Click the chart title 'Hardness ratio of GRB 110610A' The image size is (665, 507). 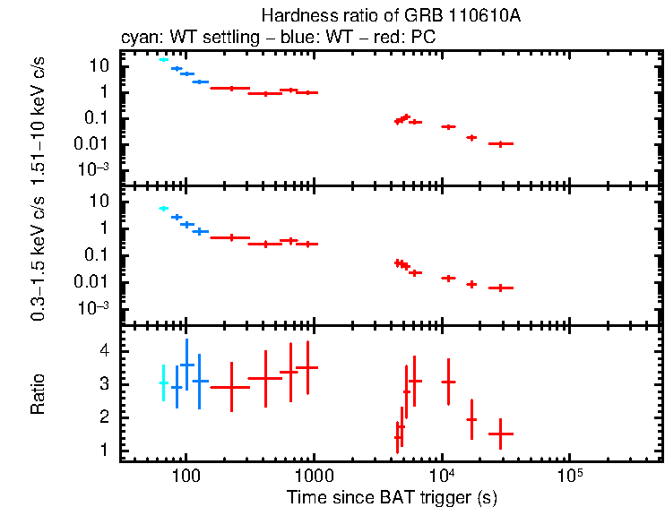tap(392, 16)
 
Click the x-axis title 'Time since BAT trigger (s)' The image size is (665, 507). tap(392, 496)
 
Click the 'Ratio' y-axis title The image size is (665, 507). tap(39, 394)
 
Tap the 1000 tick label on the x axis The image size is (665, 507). tap(313, 475)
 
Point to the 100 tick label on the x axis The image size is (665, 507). tap(186, 475)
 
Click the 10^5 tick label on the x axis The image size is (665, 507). tap(569, 475)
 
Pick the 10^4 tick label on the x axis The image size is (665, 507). tap(441, 475)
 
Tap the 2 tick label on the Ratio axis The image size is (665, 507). tap(105, 417)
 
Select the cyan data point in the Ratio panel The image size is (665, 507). tap(163, 382)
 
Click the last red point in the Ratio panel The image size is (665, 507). tap(500, 434)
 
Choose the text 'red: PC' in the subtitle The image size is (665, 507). tap(411, 39)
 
